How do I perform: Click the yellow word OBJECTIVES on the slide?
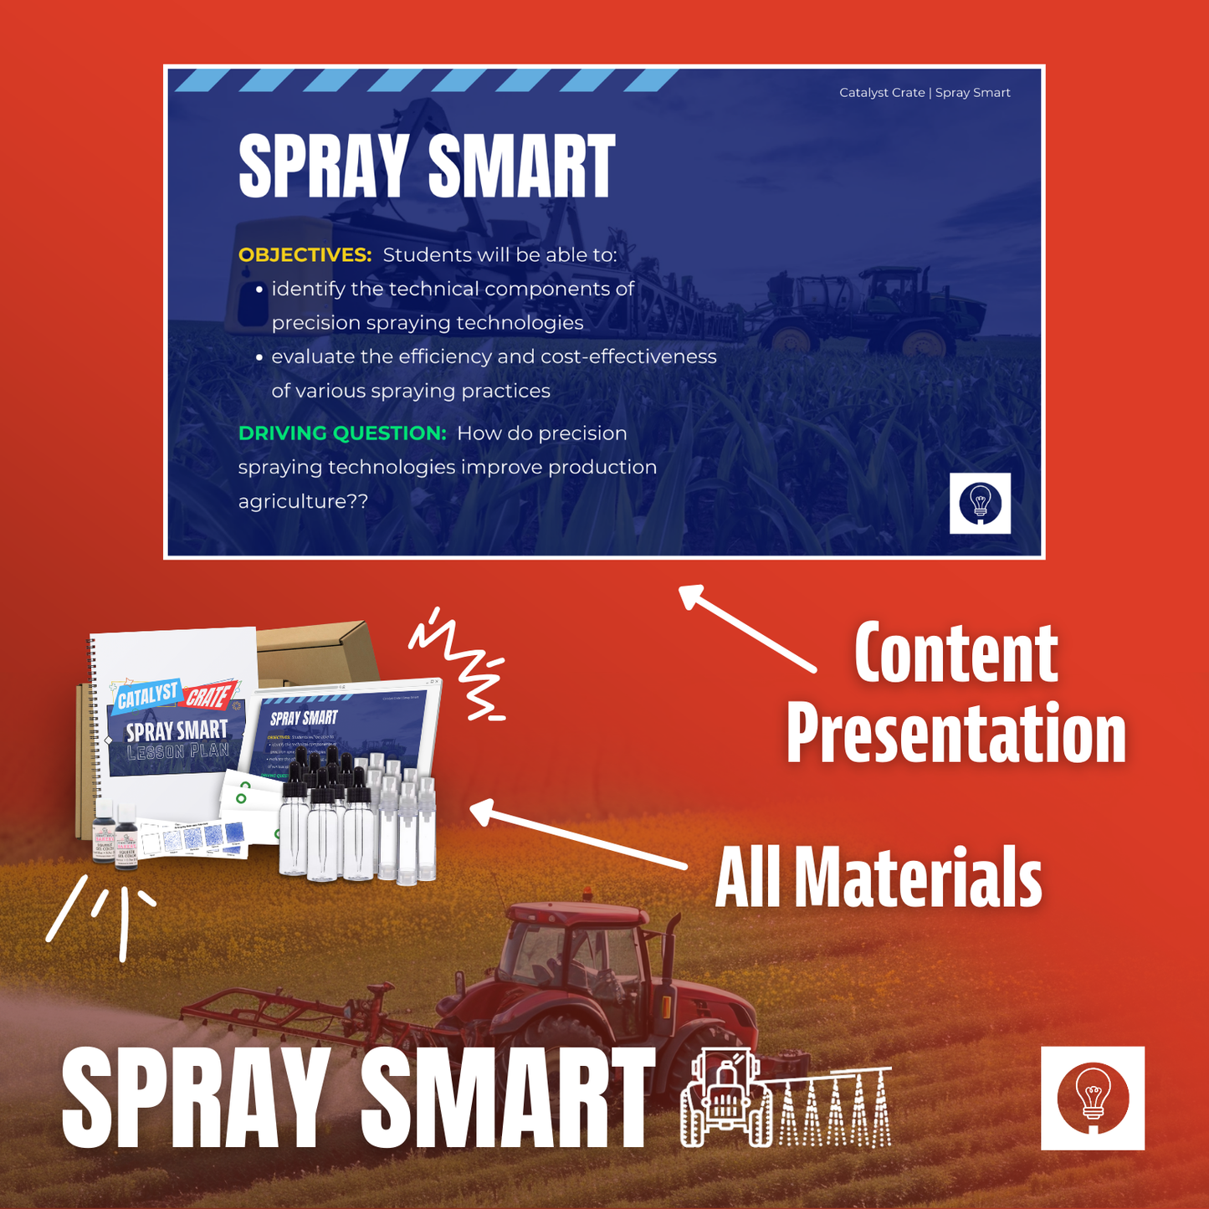tap(305, 255)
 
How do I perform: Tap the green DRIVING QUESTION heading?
tap(342, 433)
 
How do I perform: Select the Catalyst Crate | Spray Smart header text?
tap(925, 93)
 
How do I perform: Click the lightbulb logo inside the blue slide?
tap(980, 503)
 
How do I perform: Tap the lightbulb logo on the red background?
tap(1092, 1098)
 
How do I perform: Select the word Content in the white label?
tap(955, 654)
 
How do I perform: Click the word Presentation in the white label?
tap(955, 733)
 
